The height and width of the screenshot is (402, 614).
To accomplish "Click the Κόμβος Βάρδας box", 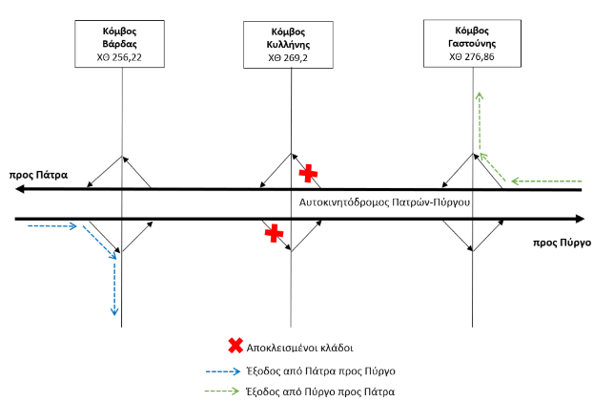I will coord(121,44).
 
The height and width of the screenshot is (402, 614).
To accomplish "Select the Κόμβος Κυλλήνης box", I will coord(290,44).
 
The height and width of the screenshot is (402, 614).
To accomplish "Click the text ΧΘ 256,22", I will coord(121,57).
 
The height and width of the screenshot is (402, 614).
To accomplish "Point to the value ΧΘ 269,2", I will coord(290,57).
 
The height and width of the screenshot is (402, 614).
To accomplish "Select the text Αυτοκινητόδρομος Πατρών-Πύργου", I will coord(386,203).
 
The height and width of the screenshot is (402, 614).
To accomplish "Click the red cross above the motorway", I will coord(307,173).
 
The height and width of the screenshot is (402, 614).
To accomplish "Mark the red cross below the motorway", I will coord(274,232).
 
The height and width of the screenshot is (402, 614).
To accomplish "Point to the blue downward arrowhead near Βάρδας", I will coord(114,310).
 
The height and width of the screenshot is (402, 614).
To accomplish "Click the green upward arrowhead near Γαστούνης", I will coord(479,93).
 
